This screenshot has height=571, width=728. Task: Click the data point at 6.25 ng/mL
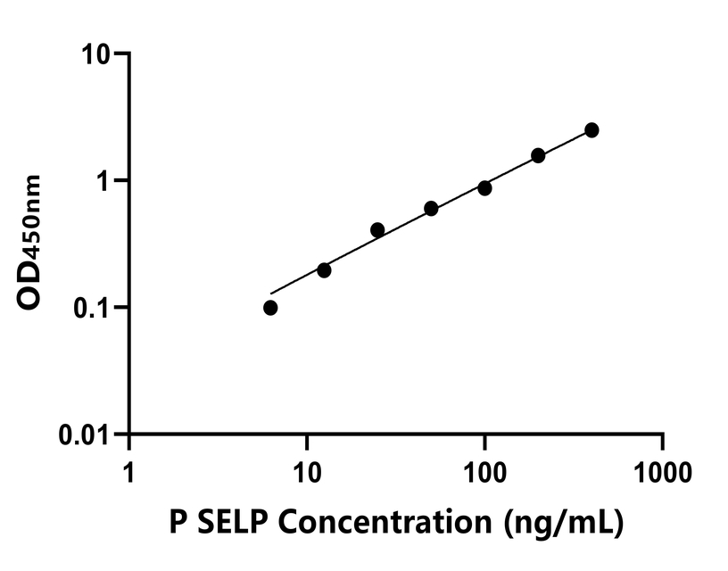pos(270,308)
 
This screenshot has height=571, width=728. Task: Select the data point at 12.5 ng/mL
pos(324,270)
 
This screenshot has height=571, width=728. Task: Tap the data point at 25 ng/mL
pos(377,230)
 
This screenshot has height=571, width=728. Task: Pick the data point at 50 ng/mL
pos(431,209)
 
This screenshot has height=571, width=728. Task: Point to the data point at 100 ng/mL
pos(484,188)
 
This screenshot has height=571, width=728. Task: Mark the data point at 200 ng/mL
pos(538,155)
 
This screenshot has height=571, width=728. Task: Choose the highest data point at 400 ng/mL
pos(591,130)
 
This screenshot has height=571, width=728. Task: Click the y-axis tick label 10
pos(97,54)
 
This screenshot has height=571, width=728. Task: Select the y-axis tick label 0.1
pos(92,309)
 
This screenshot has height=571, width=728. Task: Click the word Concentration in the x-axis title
pos(385,521)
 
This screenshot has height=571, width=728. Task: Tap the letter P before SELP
pos(177,521)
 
